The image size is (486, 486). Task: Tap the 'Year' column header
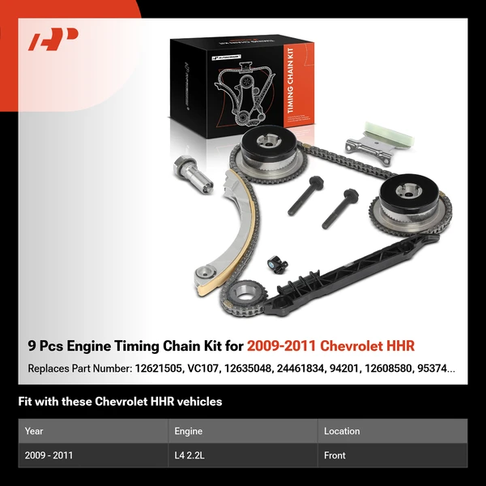34,431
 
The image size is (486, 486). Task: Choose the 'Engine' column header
188,431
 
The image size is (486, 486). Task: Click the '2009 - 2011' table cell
49,455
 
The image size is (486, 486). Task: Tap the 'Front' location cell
335,455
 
